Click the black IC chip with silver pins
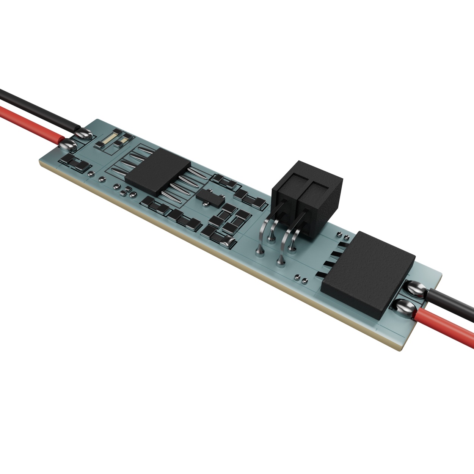157,171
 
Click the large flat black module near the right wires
366,273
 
